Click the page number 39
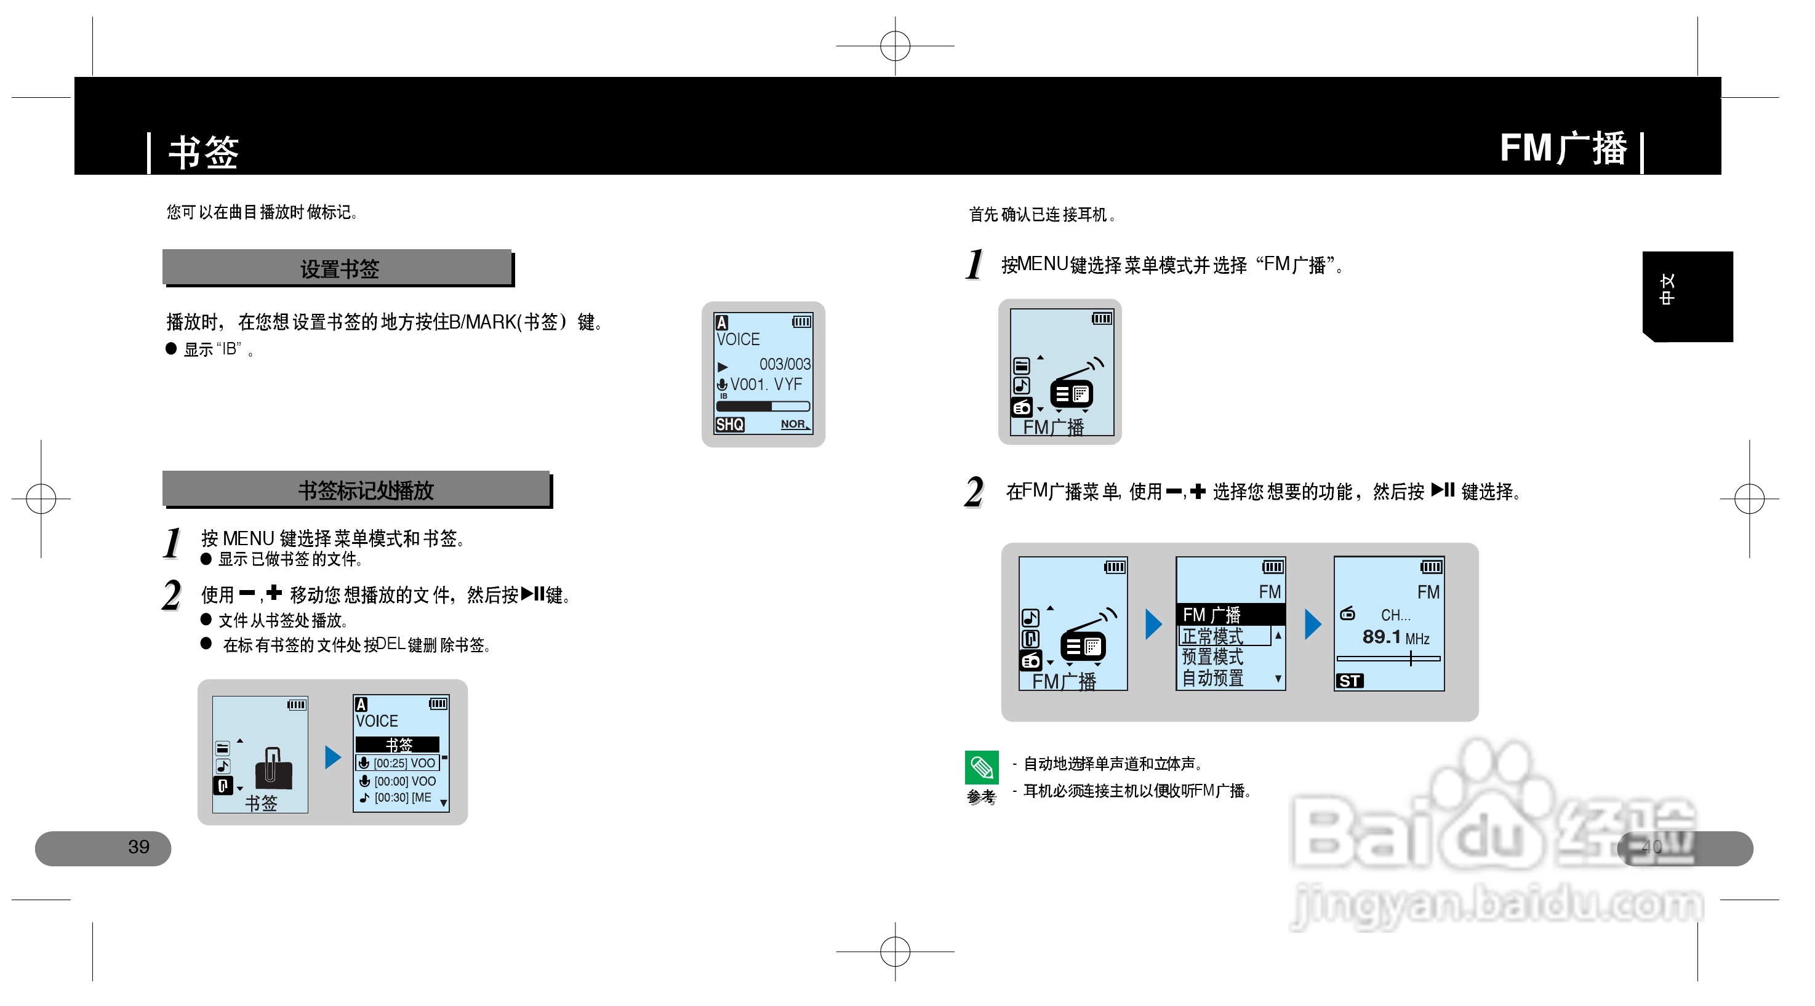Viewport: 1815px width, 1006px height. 139,847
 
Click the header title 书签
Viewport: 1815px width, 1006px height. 204,151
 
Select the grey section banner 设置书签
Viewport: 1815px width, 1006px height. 339,268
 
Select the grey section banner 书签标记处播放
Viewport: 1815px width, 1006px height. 357,490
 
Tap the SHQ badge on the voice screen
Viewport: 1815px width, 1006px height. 729,424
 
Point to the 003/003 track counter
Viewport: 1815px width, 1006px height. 784,364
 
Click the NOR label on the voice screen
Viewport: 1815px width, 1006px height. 793,424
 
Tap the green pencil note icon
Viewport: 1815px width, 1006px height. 981,767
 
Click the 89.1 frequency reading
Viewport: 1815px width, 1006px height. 1381,637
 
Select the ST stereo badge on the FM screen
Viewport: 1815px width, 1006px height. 1349,681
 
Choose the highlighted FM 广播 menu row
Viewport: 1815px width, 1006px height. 1230,614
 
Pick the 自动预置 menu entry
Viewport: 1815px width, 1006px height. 1212,677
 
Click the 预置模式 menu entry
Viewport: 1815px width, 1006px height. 1212,657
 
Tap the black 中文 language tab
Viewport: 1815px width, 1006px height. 1687,296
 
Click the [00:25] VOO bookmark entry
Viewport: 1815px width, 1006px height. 398,763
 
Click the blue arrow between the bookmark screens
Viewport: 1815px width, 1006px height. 332,757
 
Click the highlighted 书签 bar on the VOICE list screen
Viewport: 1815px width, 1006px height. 398,745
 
